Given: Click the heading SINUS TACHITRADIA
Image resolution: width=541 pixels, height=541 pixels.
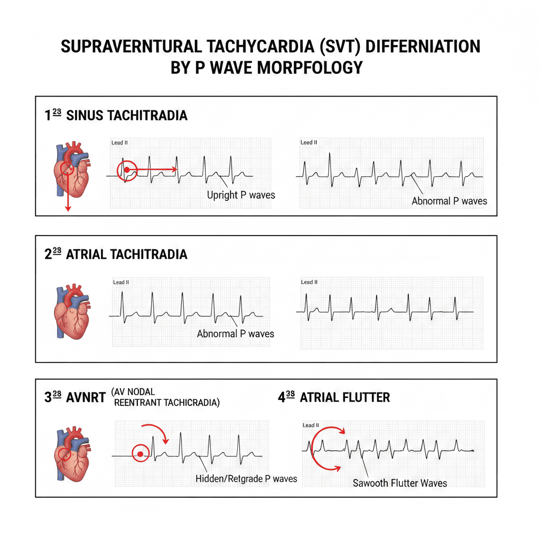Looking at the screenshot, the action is [x=127, y=115].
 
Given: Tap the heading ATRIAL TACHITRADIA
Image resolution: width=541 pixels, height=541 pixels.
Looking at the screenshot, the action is [x=127, y=254].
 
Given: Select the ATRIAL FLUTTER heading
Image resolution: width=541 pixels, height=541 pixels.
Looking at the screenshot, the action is [x=344, y=397].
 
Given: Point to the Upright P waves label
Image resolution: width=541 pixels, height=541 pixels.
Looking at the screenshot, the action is [x=241, y=195].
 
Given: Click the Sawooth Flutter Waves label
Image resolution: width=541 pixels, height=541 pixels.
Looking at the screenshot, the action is [x=400, y=483].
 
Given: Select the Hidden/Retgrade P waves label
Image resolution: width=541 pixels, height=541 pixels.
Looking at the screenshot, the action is [x=246, y=479].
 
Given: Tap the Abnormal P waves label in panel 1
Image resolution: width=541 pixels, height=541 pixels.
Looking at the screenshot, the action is [x=449, y=201].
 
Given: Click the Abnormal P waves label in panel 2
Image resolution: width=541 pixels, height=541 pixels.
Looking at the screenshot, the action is [x=236, y=334].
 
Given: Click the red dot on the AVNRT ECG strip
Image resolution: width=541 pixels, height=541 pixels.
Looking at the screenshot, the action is [x=140, y=454].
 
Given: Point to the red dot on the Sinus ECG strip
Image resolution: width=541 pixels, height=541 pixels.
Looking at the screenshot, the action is [x=127, y=169].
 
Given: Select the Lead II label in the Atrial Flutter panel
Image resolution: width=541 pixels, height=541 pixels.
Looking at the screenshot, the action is [x=311, y=425].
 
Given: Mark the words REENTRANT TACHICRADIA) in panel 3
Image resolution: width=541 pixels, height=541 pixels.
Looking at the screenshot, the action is [x=167, y=403].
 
